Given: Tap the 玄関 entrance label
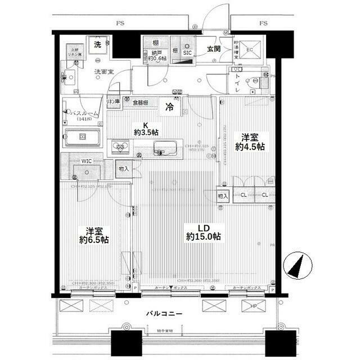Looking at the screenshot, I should coord(213,49).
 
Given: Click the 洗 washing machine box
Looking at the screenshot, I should coord(98,44).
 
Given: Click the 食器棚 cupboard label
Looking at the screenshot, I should coord(141,102).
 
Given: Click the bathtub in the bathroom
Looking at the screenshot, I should coord(82,138).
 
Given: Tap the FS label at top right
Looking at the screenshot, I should coord(263,24).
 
